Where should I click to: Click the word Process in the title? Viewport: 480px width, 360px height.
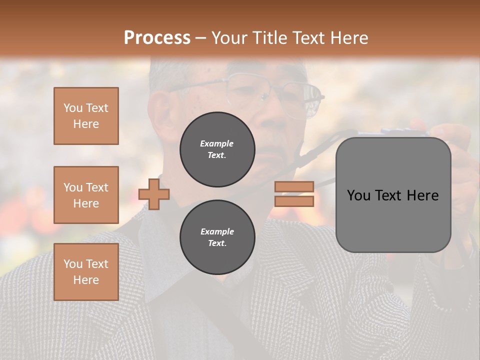[x=157, y=38]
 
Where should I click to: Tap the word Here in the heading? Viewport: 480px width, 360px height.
[x=348, y=38]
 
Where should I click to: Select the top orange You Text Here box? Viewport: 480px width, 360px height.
[x=86, y=116]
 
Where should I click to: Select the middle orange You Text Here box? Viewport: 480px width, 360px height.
[x=86, y=195]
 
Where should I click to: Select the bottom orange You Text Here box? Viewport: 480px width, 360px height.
[x=86, y=272]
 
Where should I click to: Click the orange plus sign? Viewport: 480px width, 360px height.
[x=154, y=194]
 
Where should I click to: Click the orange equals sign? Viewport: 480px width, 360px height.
[x=294, y=194]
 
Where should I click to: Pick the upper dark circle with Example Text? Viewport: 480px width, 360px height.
[x=217, y=149]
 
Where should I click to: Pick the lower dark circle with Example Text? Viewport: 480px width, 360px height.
[x=217, y=237]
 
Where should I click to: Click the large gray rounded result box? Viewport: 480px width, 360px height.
[x=393, y=195]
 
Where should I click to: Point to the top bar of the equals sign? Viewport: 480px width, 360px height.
[x=294, y=186]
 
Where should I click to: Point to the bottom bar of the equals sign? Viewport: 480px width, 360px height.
[x=294, y=201]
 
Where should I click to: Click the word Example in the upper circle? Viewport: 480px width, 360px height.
[x=217, y=143]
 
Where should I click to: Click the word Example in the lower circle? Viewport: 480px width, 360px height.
[x=217, y=231]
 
